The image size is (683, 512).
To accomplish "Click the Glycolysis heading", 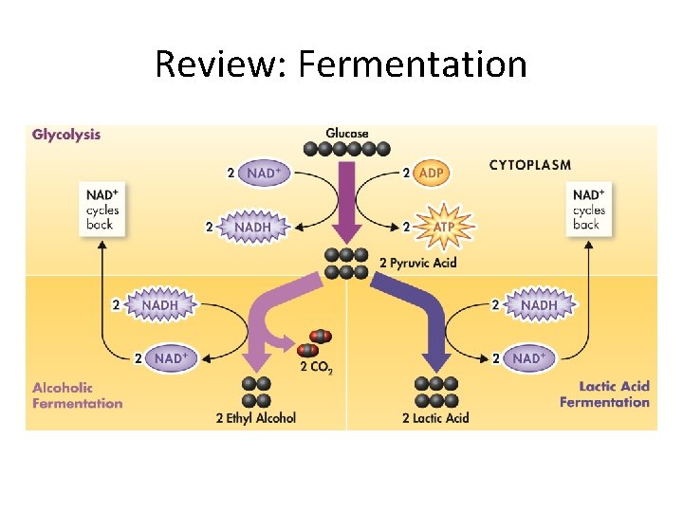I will coord(66,135).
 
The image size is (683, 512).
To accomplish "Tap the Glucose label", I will coord(347,134).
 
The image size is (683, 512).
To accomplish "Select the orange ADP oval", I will coord(431,174).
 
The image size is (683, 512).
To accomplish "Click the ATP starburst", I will coord(443,228).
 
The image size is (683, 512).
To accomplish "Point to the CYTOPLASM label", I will coord(530,165).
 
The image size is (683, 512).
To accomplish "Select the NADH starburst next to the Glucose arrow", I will coord(252,227).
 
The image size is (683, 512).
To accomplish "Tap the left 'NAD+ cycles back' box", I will coord(101,209).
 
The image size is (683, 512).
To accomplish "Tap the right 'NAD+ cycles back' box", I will coord(587,209).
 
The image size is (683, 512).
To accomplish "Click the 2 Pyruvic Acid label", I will coord(417,263).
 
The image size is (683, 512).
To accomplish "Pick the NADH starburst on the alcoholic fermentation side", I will coord(159,305).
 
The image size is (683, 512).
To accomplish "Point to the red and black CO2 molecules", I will coord(314,343).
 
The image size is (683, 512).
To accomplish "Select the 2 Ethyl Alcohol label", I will coord(256,418).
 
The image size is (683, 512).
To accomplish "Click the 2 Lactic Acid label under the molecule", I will coord(435,418).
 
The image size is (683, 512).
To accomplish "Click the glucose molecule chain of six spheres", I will coord(346,149).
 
